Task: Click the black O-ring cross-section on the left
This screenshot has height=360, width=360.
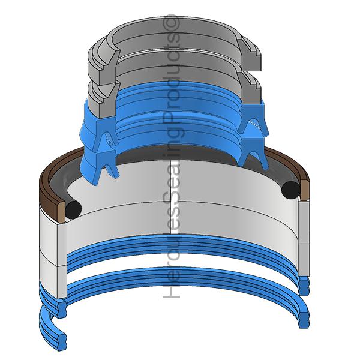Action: tap(73, 208)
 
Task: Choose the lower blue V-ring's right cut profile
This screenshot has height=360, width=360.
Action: tap(252, 153)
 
